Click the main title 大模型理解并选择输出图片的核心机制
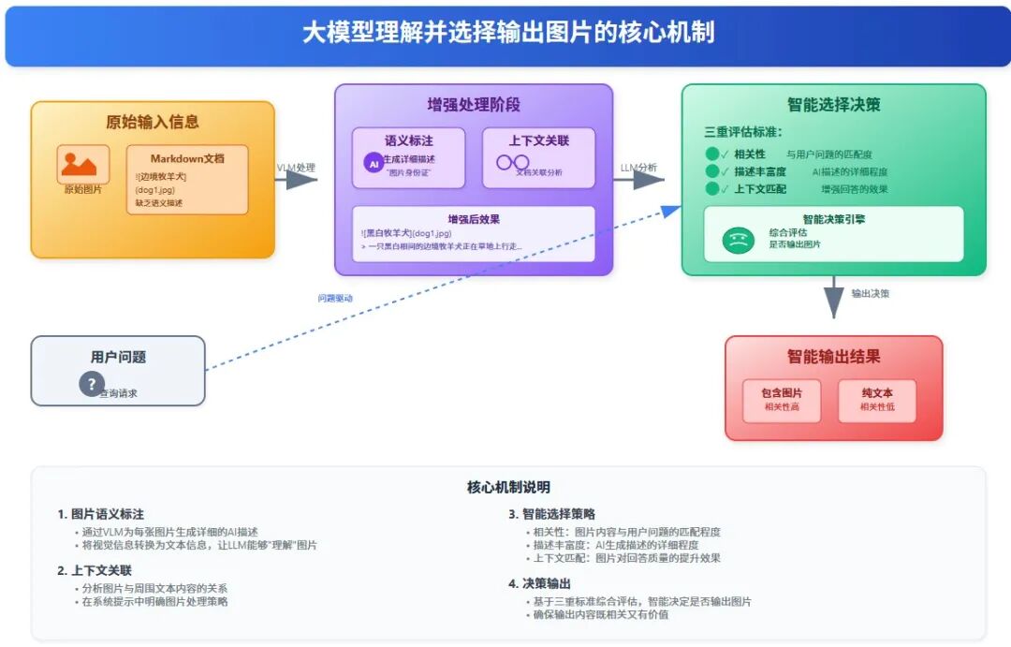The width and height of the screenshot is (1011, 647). (507, 33)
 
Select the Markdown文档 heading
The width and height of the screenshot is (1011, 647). (187, 158)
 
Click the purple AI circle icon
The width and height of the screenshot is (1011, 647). (372, 161)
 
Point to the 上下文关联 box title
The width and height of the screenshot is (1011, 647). (538, 140)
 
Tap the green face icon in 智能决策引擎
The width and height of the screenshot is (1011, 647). (738, 241)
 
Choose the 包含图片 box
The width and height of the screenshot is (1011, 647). (781, 400)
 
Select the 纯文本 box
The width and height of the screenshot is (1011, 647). (876, 400)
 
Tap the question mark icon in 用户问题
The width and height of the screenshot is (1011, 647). (91, 383)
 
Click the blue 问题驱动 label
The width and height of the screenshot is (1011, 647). (334, 299)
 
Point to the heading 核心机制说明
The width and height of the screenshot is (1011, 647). (508, 487)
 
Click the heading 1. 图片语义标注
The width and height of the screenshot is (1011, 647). (100, 514)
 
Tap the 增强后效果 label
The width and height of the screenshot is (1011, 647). (473, 219)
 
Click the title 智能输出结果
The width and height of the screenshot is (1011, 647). (833, 357)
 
